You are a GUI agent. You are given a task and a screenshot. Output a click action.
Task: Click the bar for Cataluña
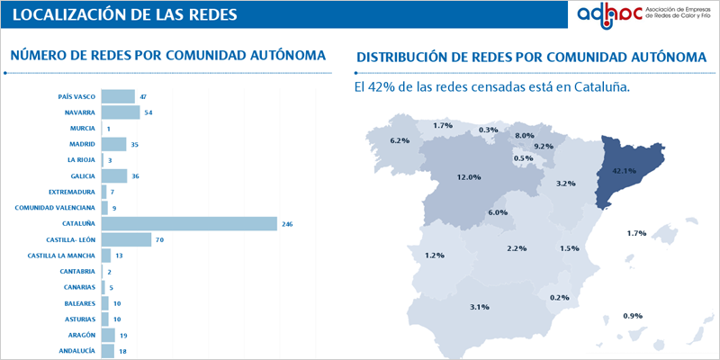pos(189,224)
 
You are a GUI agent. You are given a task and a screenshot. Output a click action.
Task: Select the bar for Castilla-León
pos(126,240)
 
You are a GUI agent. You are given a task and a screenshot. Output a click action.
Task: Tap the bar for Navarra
pos(121,112)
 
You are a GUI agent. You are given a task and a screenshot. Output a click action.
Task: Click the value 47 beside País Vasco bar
pos(143,96)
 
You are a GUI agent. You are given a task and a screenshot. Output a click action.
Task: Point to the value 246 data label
pos(288,224)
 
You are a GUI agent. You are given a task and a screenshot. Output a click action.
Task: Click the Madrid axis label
pos(82,144)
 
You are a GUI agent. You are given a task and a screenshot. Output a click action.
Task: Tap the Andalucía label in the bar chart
pos(76,351)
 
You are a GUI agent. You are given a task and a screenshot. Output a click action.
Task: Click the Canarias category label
pos(77,288)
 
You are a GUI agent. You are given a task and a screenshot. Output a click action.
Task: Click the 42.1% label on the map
pos(624,170)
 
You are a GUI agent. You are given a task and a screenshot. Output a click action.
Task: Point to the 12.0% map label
pos(469,177)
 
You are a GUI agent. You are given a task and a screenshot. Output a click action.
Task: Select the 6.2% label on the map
pos(400,140)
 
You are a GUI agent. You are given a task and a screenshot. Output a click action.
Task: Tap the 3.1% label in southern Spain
pos(479,307)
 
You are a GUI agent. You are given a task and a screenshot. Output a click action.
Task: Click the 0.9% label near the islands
pos(632,316)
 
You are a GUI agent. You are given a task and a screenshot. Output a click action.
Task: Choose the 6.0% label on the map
pos(498,212)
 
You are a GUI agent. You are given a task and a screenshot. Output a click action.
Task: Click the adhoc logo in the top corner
pos(643,15)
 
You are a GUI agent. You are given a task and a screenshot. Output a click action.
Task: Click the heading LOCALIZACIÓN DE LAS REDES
pos(127,14)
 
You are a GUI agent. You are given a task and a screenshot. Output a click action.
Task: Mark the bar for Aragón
pos(108,335)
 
